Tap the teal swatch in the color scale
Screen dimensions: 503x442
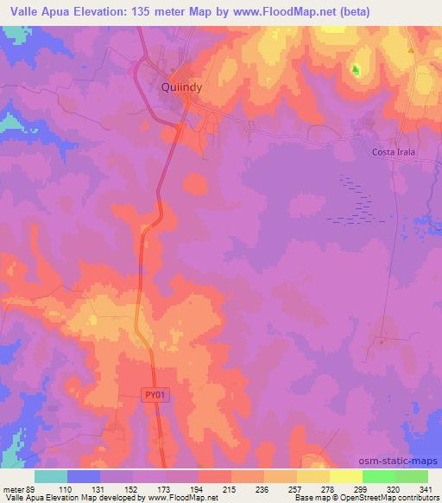[x=51, y=475]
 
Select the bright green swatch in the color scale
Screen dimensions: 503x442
[x=378, y=475]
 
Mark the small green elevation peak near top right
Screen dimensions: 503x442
[x=356, y=68]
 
